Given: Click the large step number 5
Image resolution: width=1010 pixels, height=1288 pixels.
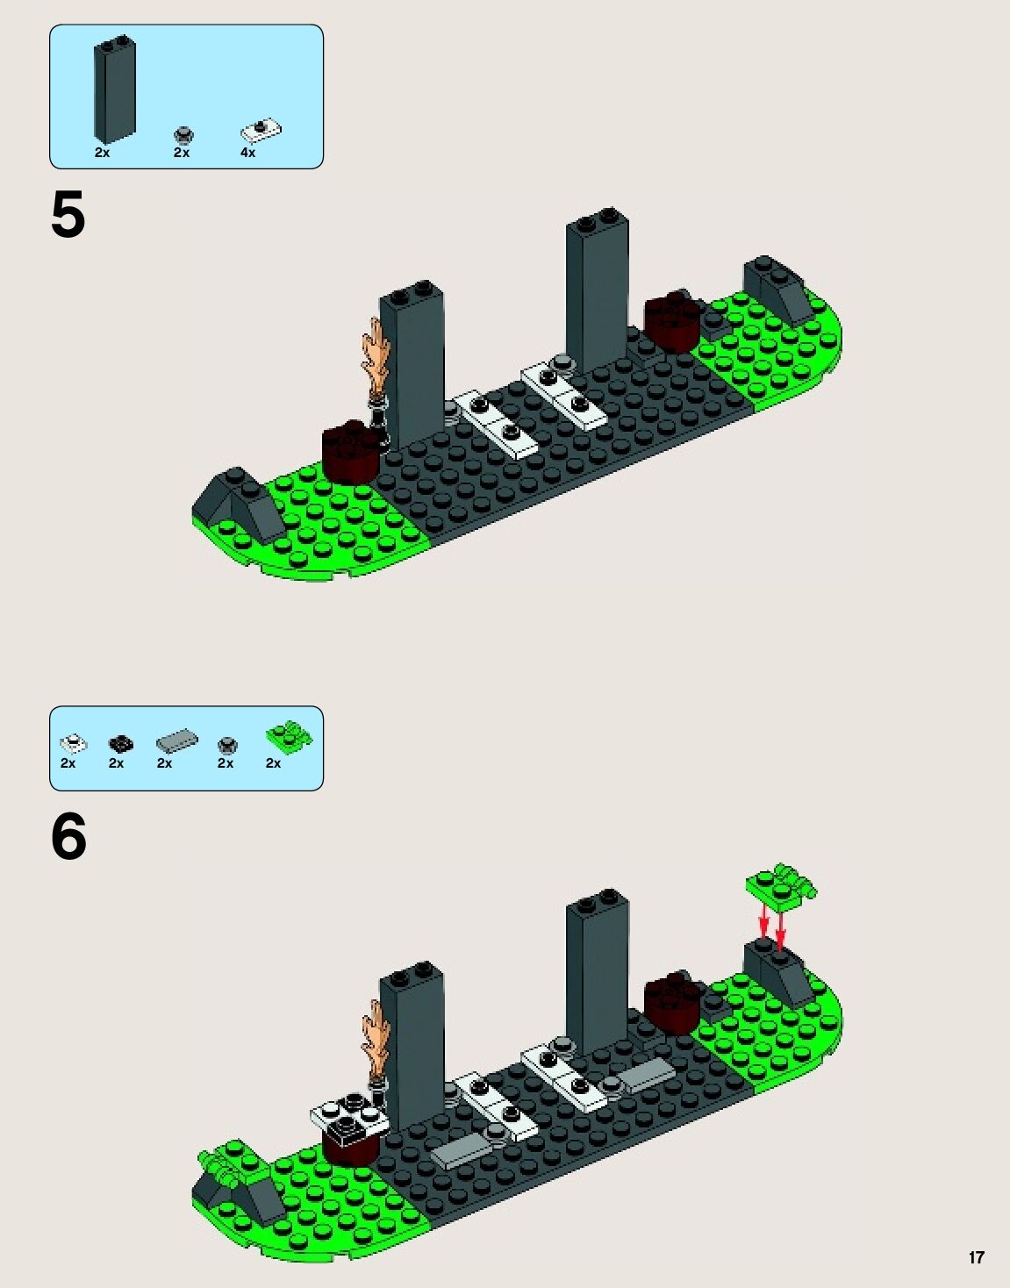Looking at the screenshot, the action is click(68, 215).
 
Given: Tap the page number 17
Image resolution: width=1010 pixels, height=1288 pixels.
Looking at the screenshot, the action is click(976, 1257).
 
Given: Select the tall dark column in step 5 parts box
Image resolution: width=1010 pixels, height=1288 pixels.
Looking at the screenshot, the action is click(114, 90).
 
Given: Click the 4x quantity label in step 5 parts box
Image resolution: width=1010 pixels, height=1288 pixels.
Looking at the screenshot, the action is click(248, 153).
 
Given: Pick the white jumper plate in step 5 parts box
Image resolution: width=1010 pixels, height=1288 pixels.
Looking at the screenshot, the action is click(261, 132).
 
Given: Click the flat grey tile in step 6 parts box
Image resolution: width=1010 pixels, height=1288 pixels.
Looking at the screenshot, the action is click(176, 742).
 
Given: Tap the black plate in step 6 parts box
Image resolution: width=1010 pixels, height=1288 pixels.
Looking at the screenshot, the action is click(120, 744).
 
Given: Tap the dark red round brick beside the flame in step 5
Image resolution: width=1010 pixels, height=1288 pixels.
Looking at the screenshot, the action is click(351, 452).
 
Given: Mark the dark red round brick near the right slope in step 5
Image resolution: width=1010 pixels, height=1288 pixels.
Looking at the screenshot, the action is click(673, 322).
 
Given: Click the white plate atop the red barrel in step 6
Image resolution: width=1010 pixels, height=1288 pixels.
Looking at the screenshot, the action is click(348, 1115).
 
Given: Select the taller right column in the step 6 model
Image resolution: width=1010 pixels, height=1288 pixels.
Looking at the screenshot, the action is click(597, 965).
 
